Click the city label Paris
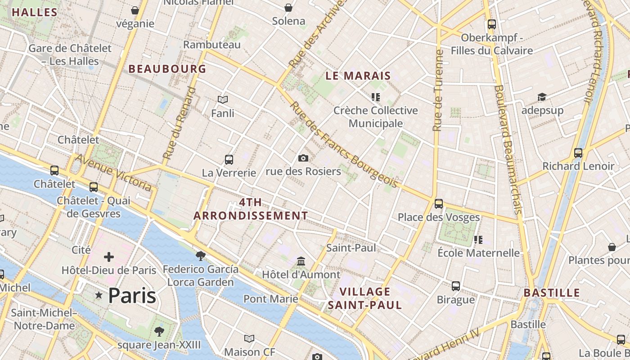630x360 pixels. pyautogui.click(x=132, y=296)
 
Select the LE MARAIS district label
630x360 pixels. pyautogui.click(x=358, y=76)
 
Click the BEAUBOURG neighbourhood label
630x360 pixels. pyautogui.click(x=167, y=69)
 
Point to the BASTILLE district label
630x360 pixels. pyautogui.click(x=552, y=293)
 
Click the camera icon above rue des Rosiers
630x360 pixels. pyautogui.click(x=303, y=158)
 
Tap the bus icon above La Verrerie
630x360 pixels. pyautogui.click(x=229, y=159)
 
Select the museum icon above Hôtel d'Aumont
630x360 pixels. pyautogui.click(x=301, y=261)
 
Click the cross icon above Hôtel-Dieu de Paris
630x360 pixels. pyautogui.click(x=109, y=257)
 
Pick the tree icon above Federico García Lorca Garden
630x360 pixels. pyautogui.click(x=201, y=256)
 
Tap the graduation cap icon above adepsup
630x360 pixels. pyautogui.click(x=542, y=97)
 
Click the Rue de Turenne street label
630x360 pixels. pyautogui.click(x=438, y=90)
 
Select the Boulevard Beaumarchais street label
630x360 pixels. pyautogui.click(x=508, y=148)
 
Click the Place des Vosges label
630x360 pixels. pyautogui.click(x=439, y=217)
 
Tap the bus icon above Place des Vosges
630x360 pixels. pyautogui.click(x=439, y=204)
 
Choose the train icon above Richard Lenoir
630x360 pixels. pyautogui.click(x=578, y=153)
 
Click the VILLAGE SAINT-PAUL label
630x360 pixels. pyautogui.click(x=365, y=298)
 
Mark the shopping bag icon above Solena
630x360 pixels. pyautogui.click(x=288, y=8)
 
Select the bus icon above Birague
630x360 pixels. pyautogui.click(x=456, y=286)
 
